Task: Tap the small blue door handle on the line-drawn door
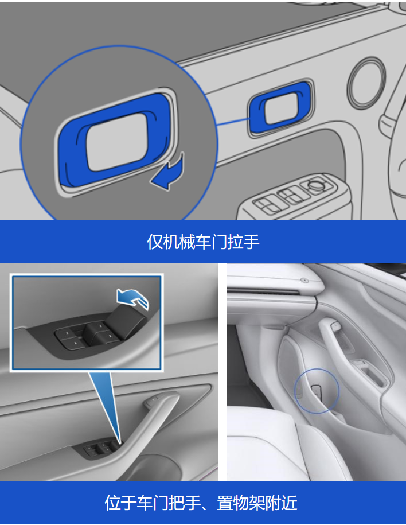[280, 107]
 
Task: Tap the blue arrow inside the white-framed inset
[132, 297]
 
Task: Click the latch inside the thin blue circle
[317, 391]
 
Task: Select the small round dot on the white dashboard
[304, 279]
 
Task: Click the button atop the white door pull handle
[335, 325]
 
